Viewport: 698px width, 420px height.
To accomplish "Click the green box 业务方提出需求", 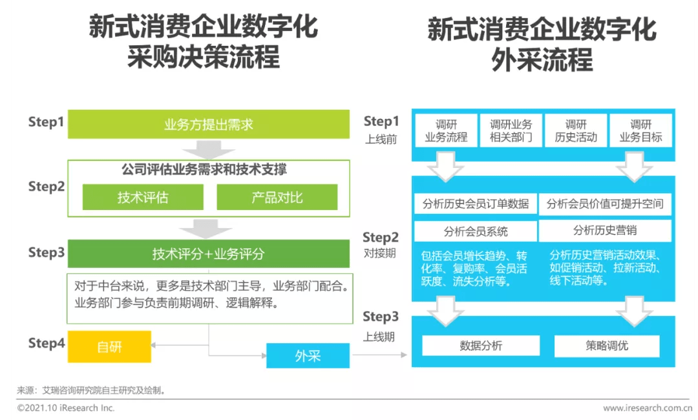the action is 208,124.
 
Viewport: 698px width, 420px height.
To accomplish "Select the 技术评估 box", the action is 143,197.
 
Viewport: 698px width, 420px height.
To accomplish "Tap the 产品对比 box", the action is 277,197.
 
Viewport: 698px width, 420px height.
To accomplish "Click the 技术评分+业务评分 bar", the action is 208,253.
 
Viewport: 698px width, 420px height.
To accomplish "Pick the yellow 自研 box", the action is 109,346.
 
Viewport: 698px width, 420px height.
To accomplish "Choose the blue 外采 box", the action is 308,355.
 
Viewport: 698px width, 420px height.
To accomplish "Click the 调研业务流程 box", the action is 446,131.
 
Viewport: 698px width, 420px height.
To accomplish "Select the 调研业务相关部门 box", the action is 511,131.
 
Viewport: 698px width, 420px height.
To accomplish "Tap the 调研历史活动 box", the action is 576,131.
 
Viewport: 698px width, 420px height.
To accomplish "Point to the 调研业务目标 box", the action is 641,131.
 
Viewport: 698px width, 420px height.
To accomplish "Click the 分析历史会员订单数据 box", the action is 476,204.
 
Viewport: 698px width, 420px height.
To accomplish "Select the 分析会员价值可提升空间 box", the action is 605,204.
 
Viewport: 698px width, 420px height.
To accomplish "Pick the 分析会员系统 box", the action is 476,231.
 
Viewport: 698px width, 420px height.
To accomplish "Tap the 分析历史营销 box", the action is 605,231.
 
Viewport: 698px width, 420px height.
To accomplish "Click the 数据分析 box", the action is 481,346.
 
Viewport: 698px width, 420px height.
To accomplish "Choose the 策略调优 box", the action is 607,346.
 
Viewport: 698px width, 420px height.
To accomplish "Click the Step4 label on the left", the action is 47,343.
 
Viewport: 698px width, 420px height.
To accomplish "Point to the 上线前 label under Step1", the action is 381,140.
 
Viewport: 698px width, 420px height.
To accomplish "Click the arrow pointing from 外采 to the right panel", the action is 380,355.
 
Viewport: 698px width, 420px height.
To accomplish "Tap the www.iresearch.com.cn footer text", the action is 648,408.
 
